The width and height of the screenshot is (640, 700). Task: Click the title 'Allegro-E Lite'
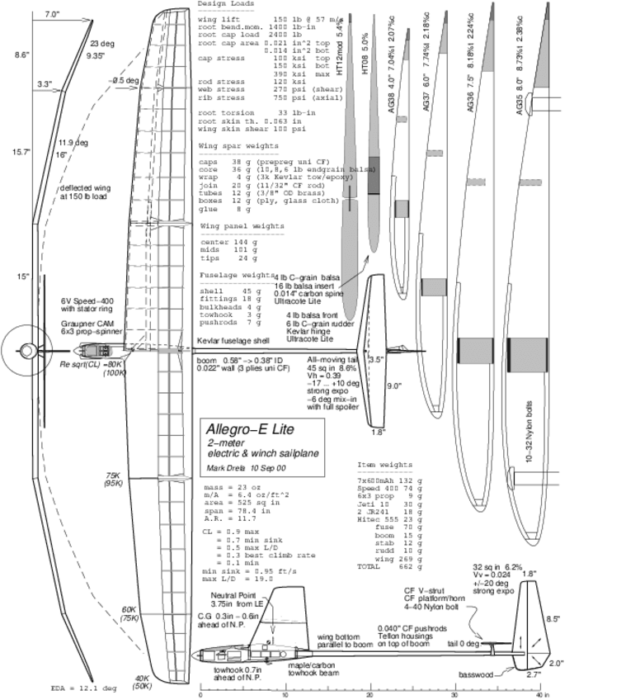pyautogui.click(x=245, y=431)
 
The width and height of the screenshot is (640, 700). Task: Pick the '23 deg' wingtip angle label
pyautogui.click(x=102, y=43)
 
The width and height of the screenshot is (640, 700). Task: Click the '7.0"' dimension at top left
pyautogui.click(x=52, y=15)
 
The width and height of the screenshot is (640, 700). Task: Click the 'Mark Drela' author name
pyautogui.click(x=224, y=469)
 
